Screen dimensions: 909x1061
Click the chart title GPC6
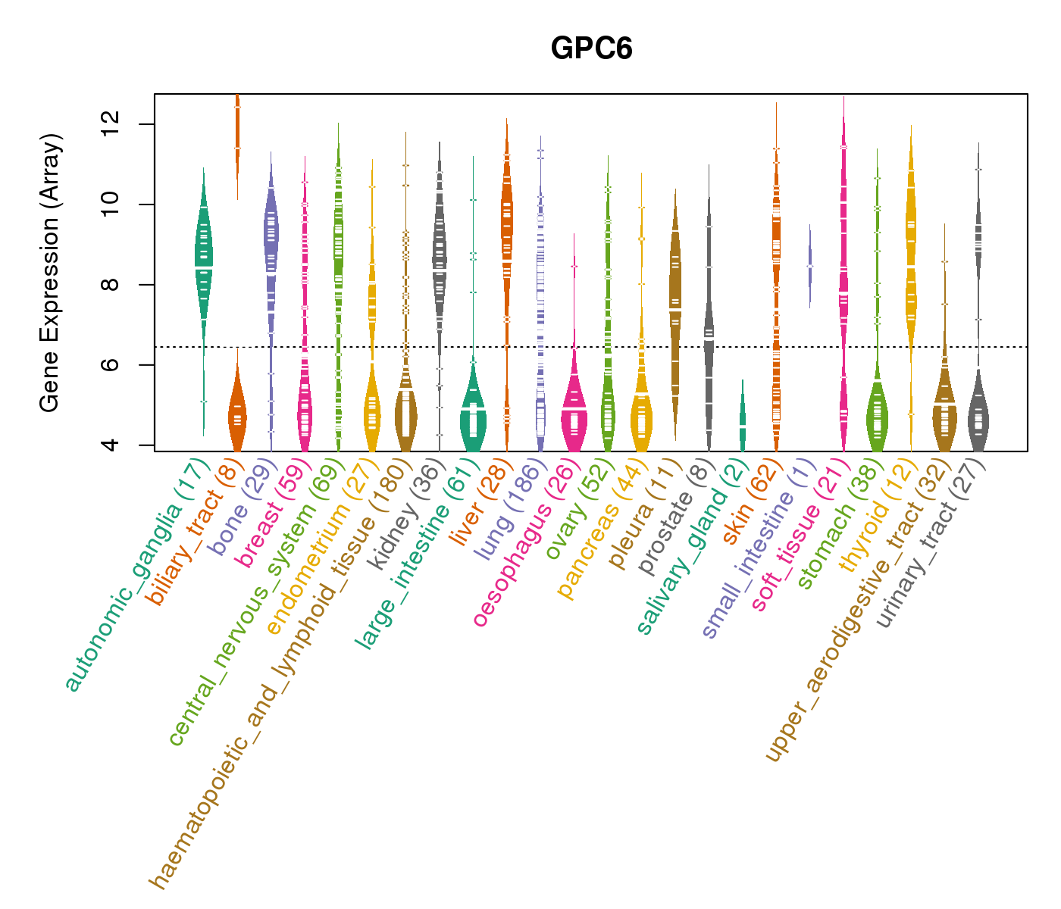coord(591,48)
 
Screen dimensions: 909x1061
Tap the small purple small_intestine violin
coord(809,266)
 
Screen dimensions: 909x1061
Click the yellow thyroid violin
coord(911,250)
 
